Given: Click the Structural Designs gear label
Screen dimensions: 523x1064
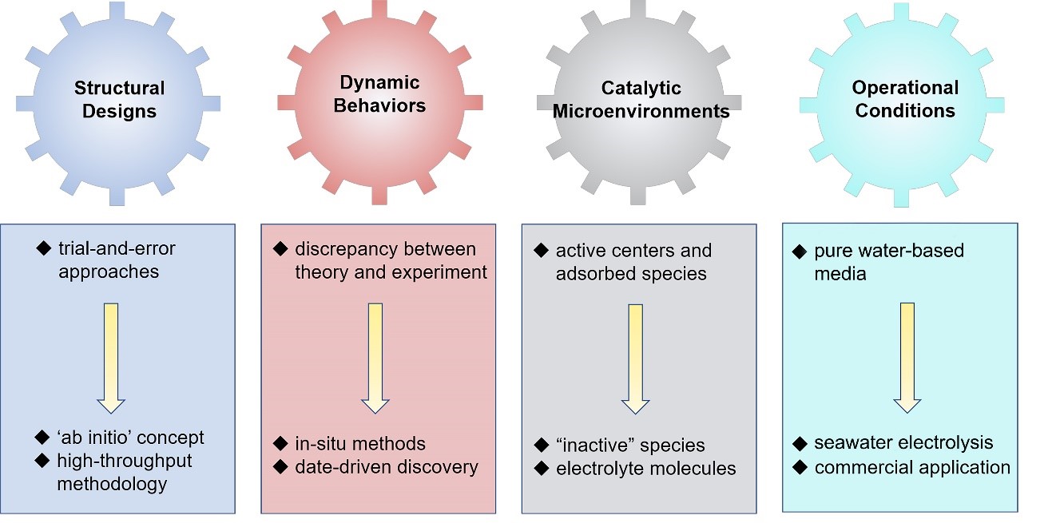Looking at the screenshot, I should tap(119, 99).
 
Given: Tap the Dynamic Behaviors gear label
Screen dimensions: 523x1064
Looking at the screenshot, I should tap(379, 93).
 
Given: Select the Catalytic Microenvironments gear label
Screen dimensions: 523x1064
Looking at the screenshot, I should tap(641, 99).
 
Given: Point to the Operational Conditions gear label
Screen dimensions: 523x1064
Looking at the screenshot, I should tap(904, 99).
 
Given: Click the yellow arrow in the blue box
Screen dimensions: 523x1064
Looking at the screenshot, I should tap(111, 357).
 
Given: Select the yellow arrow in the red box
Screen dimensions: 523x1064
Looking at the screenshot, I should tap(375, 357).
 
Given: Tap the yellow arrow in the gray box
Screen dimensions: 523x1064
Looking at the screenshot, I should tap(635, 359).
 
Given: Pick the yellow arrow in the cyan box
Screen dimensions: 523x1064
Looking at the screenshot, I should tap(907, 357).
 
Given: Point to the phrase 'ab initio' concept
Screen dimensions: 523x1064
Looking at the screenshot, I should tap(130, 438).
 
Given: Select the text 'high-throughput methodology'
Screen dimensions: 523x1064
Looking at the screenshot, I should tap(124, 472).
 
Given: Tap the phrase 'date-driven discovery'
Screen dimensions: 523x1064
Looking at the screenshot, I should tap(386, 466).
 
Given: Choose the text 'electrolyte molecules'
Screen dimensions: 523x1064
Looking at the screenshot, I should tap(645, 469).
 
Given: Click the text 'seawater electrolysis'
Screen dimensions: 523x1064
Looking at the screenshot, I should tap(903, 442).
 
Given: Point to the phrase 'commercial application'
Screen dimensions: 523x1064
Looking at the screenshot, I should tap(912, 467).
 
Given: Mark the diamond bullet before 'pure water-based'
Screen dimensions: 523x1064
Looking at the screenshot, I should tap(799, 252).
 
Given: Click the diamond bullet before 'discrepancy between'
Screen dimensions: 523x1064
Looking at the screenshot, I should tap(280, 249).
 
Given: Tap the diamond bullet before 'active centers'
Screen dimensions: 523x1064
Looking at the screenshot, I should tap(540, 251).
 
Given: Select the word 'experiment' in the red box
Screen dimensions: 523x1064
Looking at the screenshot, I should tap(443, 272).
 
